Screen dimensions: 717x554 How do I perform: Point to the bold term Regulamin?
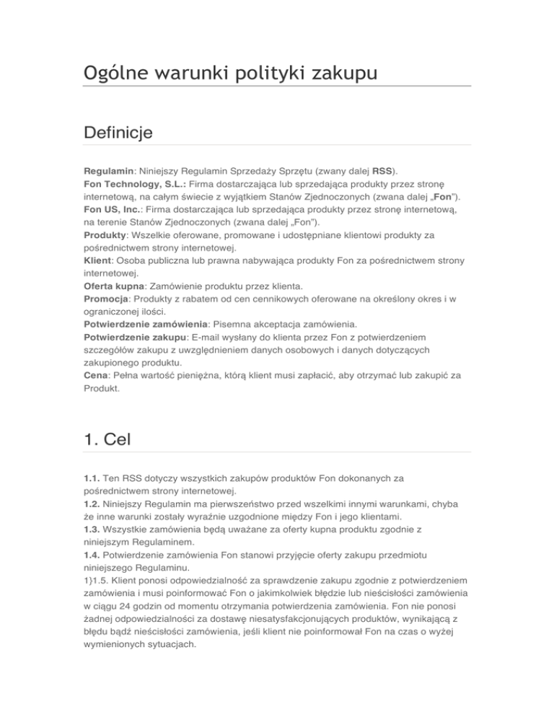click(107, 174)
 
